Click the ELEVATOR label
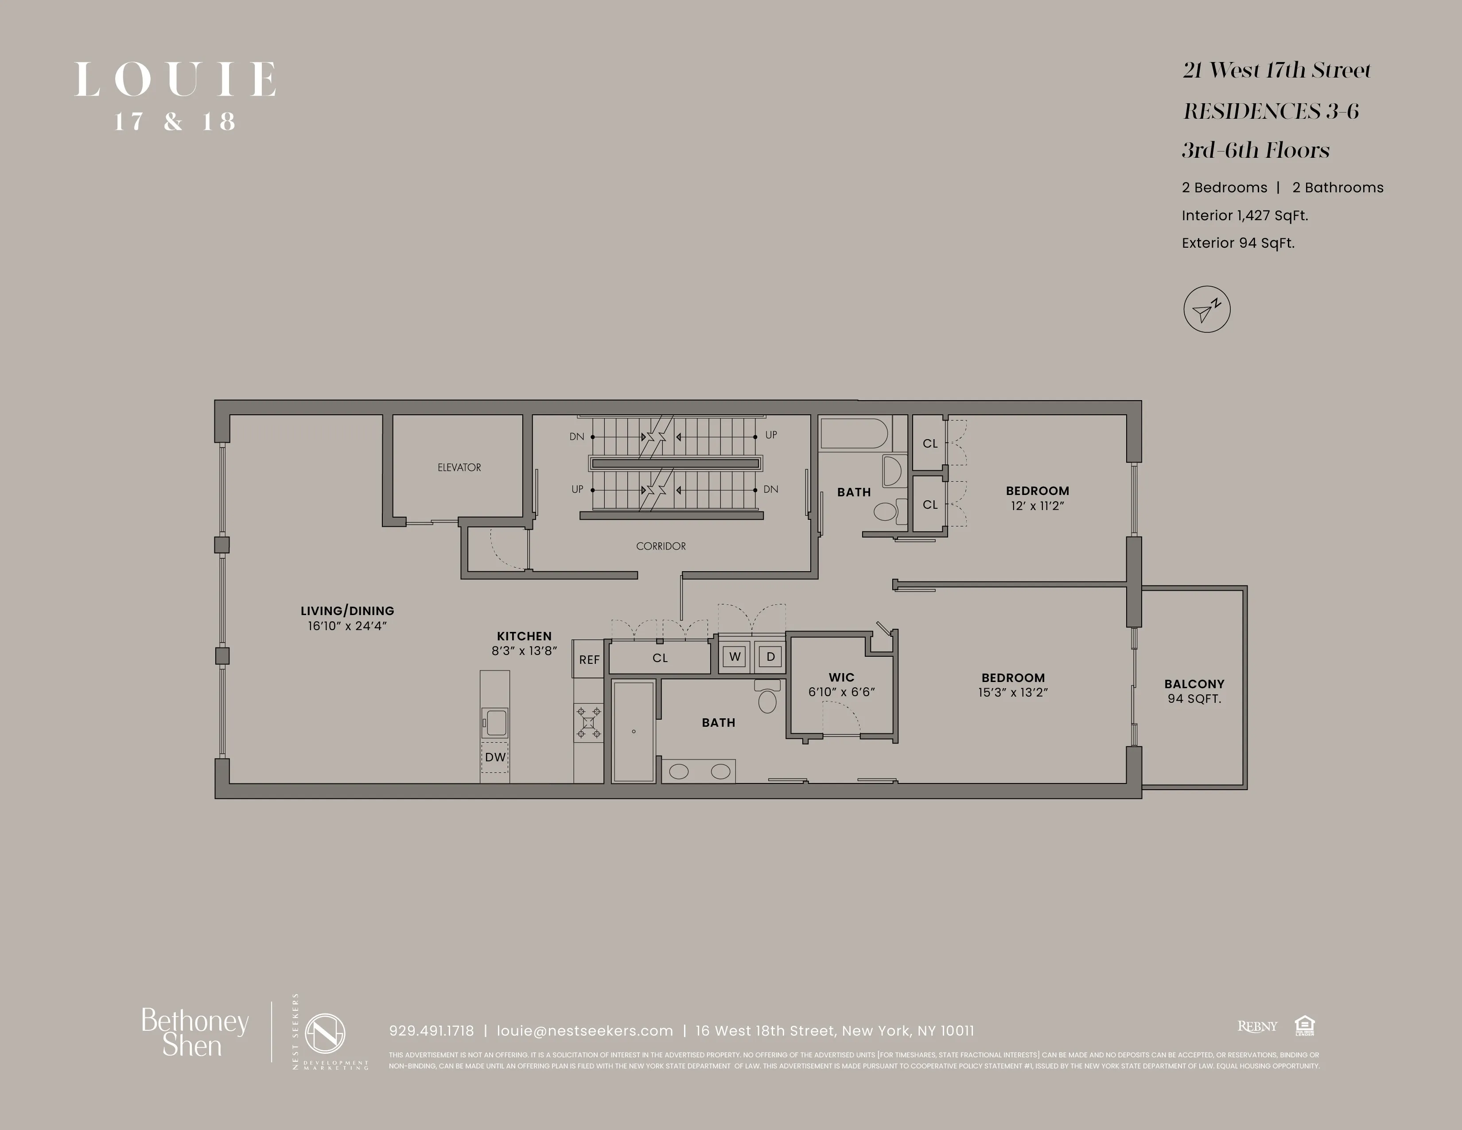459,467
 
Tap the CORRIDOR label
661,546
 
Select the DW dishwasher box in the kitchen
495,757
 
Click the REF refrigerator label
589,660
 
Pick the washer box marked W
735,657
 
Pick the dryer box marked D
770,657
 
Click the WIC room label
841,678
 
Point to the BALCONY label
1194,684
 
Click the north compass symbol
1206,310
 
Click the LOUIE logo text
175,80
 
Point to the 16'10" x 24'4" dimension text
347,626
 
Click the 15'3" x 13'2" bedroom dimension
1013,693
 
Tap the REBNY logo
1257,1026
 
